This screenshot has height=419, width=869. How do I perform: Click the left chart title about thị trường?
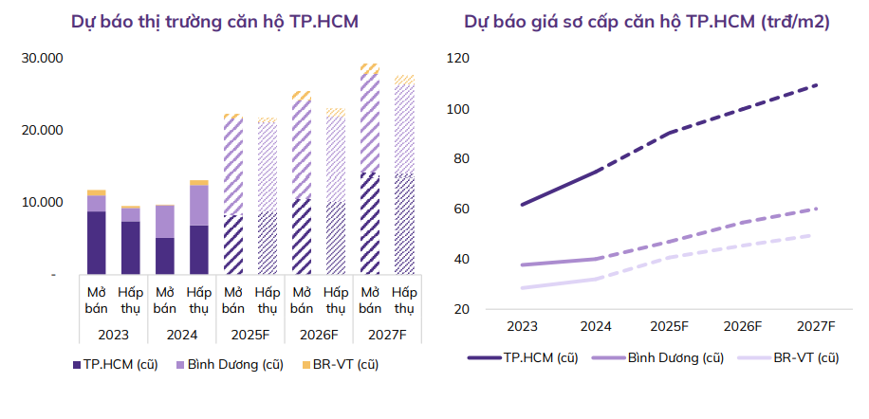215,22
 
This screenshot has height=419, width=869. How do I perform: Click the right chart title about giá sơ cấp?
647,22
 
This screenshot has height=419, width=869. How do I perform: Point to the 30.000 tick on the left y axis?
42,58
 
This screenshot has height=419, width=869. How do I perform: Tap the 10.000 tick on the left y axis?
42,202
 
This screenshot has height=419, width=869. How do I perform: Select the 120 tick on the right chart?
459,58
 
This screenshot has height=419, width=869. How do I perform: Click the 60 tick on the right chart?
462,209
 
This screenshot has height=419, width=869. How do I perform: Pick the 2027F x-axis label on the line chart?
815,326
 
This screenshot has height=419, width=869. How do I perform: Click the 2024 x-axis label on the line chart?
596,326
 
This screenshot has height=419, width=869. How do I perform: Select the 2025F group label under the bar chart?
250,335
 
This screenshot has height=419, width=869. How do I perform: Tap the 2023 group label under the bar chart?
113,335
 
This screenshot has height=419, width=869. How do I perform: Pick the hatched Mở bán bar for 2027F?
370,171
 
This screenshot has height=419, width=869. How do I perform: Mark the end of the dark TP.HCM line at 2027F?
815,85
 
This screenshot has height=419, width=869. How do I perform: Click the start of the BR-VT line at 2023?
523,287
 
